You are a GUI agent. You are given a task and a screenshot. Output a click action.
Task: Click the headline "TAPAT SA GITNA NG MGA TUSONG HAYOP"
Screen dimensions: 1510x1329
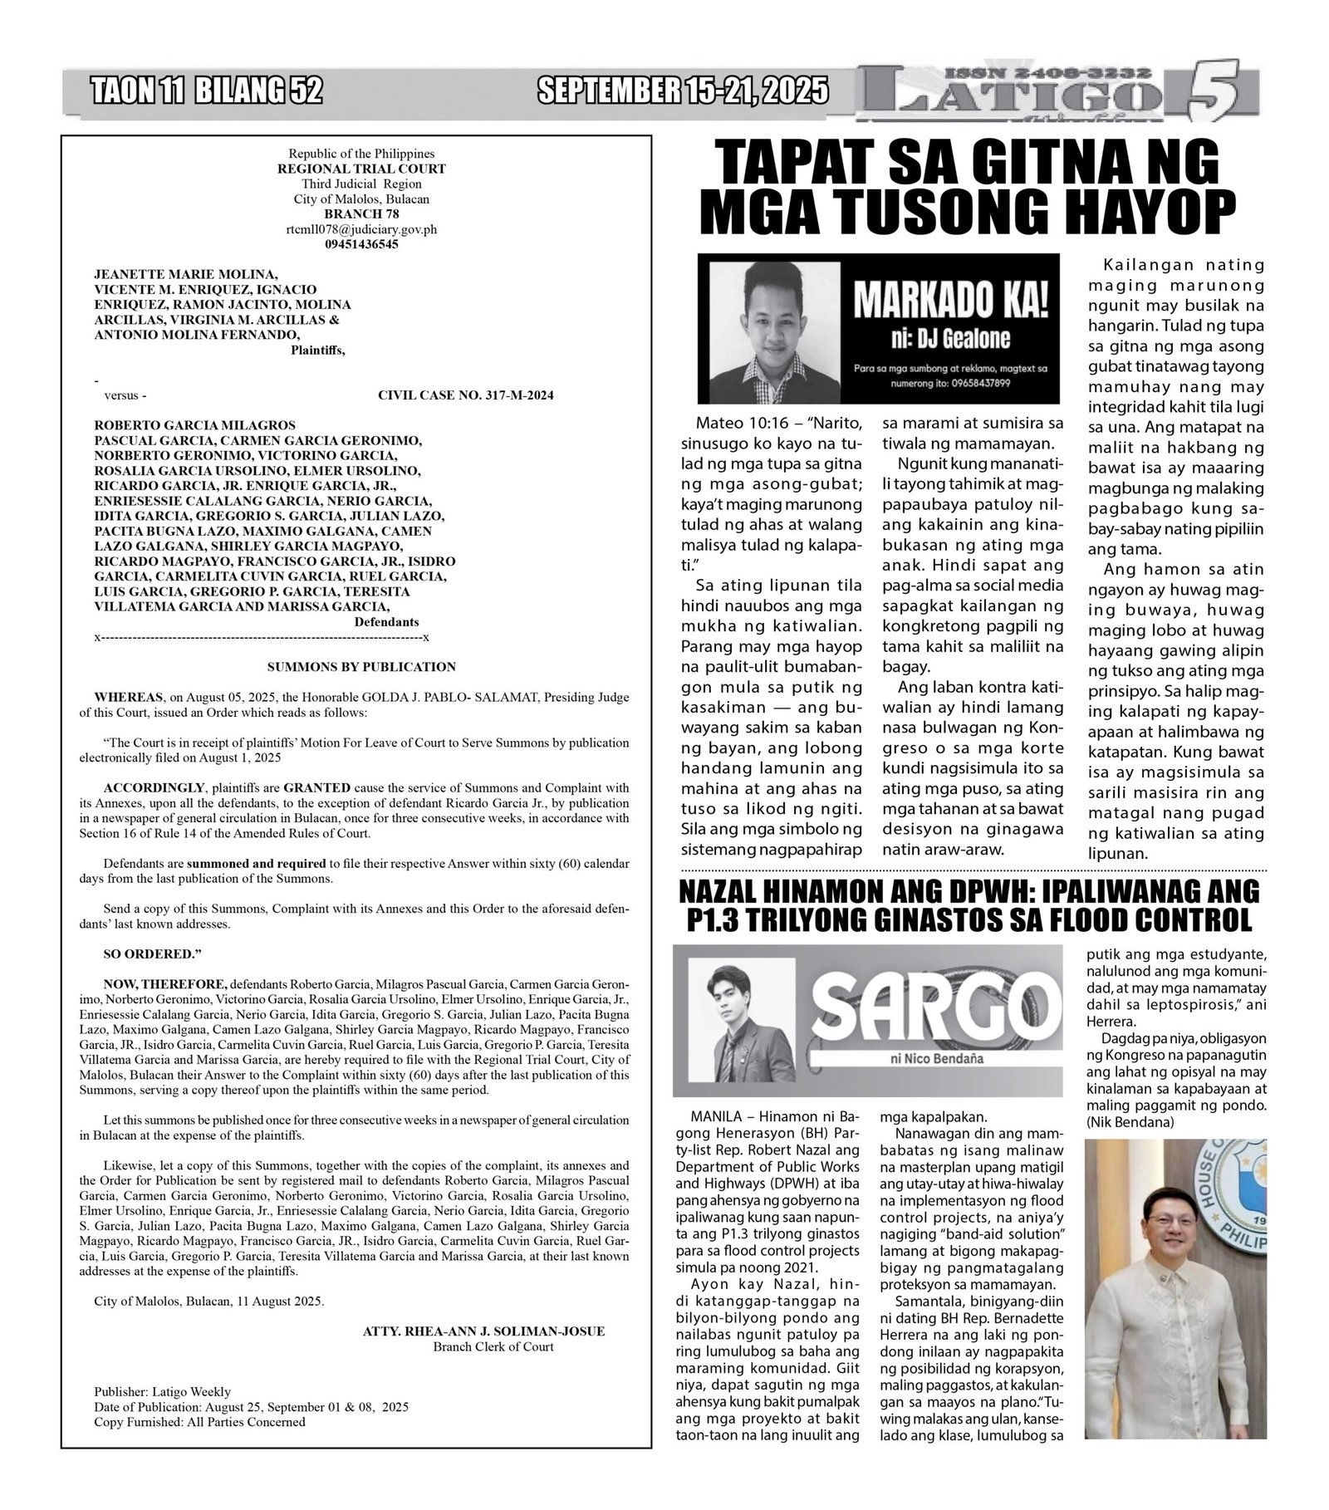(967, 187)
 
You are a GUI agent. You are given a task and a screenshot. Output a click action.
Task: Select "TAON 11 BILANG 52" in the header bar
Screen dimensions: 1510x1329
(208, 90)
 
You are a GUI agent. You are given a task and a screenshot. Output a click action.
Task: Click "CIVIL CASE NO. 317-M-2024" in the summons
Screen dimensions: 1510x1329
(465, 395)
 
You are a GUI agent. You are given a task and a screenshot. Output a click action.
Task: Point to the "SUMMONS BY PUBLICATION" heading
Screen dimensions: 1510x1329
(361, 667)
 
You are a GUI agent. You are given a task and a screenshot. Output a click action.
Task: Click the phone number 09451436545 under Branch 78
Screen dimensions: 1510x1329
(361, 244)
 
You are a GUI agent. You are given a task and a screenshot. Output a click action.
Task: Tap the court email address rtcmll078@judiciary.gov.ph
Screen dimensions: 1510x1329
(361, 229)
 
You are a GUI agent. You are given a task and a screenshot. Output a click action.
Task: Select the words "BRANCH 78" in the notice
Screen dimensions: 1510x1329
(361, 214)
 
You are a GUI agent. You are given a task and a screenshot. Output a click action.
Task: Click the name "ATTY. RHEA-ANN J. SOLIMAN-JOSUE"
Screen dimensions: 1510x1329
(483, 1331)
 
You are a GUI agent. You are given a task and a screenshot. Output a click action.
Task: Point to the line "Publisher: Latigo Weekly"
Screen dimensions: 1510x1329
(163, 1392)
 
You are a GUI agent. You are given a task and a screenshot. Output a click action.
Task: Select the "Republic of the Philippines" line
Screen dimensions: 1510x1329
(361, 154)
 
